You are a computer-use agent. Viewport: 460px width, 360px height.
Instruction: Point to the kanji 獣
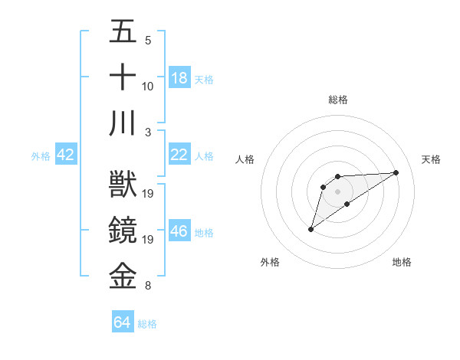point(123,184)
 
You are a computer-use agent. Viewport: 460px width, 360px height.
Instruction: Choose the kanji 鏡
point(123,231)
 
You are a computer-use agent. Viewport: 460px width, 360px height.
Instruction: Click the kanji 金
point(123,276)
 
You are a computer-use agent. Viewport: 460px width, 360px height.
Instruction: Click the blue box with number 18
point(179,78)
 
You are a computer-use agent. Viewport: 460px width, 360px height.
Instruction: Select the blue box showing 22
point(179,155)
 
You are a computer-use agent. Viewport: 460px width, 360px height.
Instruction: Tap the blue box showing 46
point(179,232)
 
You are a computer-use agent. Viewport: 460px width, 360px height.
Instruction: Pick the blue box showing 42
point(66,155)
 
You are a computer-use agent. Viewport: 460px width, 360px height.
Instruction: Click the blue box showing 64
point(123,323)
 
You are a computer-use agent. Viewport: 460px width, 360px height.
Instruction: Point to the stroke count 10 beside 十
point(148,87)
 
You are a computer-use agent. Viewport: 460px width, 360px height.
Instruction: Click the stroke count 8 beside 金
point(148,286)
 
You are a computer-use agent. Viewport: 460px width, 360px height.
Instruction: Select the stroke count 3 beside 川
point(148,133)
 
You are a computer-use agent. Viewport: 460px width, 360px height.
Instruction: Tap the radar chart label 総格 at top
point(338,100)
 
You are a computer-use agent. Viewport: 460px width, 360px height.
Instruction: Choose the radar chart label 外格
point(270,262)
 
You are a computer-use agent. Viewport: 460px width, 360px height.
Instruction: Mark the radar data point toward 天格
point(396,172)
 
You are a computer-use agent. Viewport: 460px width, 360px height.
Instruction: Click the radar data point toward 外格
point(311,229)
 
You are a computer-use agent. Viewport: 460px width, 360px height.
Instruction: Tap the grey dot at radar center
point(338,191)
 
